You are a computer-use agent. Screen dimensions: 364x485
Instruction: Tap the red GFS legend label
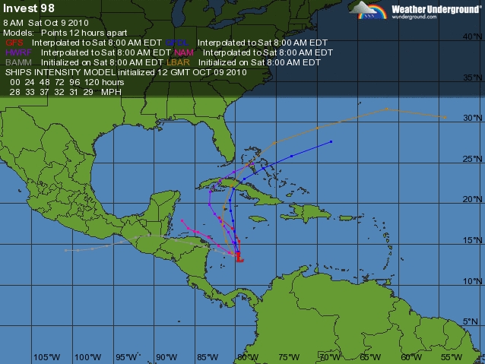pyautogui.click(x=14, y=43)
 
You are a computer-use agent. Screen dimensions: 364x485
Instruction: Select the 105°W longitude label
pyautogui.click(x=46, y=356)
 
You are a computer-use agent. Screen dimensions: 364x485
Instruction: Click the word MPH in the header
pyautogui.click(x=110, y=91)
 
